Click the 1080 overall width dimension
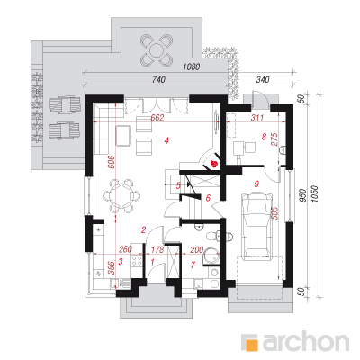pyautogui.click(x=192, y=67)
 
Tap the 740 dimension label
pyautogui.click(x=158, y=80)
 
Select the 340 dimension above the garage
pyautogui.click(x=263, y=80)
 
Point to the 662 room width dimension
pyautogui.click(x=157, y=118)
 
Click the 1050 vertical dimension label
pyautogui.click(x=314, y=194)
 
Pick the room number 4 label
pyautogui.click(x=166, y=140)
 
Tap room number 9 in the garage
pyautogui.click(x=256, y=184)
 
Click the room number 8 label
pyautogui.click(x=264, y=137)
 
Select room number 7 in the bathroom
pyautogui.click(x=193, y=265)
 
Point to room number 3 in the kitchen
pyautogui.click(x=121, y=262)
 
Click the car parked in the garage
pyautogui.click(x=257, y=226)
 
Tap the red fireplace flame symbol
pyautogui.click(x=214, y=164)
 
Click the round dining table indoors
pyautogui.click(x=121, y=196)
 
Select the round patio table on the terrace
pyautogui.click(x=157, y=49)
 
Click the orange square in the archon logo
pyautogui.click(x=251, y=342)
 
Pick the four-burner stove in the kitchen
pyautogui.click(x=137, y=260)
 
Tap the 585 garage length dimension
pyautogui.click(x=275, y=213)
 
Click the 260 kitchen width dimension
pyautogui.click(x=125, y=249)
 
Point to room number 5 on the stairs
pyautogui.click(x=178, y=186)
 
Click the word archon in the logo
pyautogui.click(x=306, y=341)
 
